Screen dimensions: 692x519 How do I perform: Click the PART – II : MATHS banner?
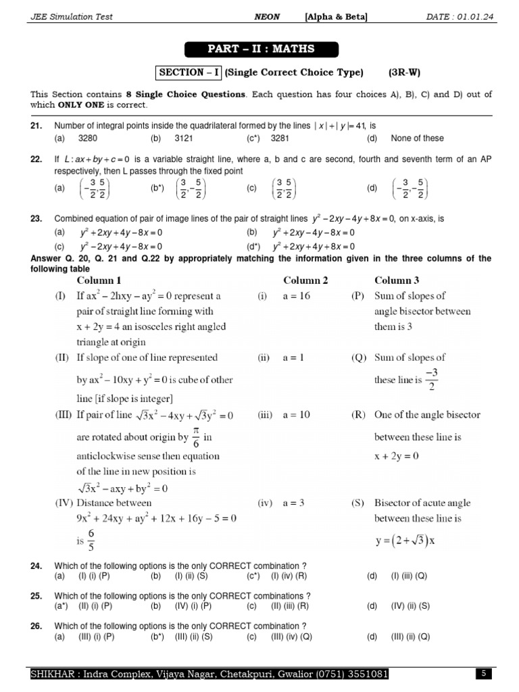pos(259,49)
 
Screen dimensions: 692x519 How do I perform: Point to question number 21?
pos(36,126)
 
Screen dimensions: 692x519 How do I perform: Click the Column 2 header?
pos(305,280)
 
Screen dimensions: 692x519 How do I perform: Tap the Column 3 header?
pos(397,280)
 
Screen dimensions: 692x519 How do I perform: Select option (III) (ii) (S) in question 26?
pos(193,637)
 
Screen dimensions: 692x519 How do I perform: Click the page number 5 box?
pos(484,674)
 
